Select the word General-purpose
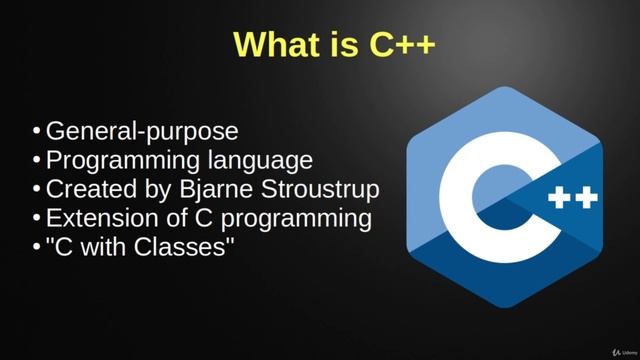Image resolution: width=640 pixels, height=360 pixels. click(x=142, y=131)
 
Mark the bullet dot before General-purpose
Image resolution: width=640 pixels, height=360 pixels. click(x=37, y=132)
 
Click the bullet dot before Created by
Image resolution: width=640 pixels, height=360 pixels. click(x=37, y=190)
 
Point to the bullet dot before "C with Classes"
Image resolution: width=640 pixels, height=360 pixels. click(x=37, y=248)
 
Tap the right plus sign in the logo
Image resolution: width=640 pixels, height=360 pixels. click(x=587, y=198)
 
